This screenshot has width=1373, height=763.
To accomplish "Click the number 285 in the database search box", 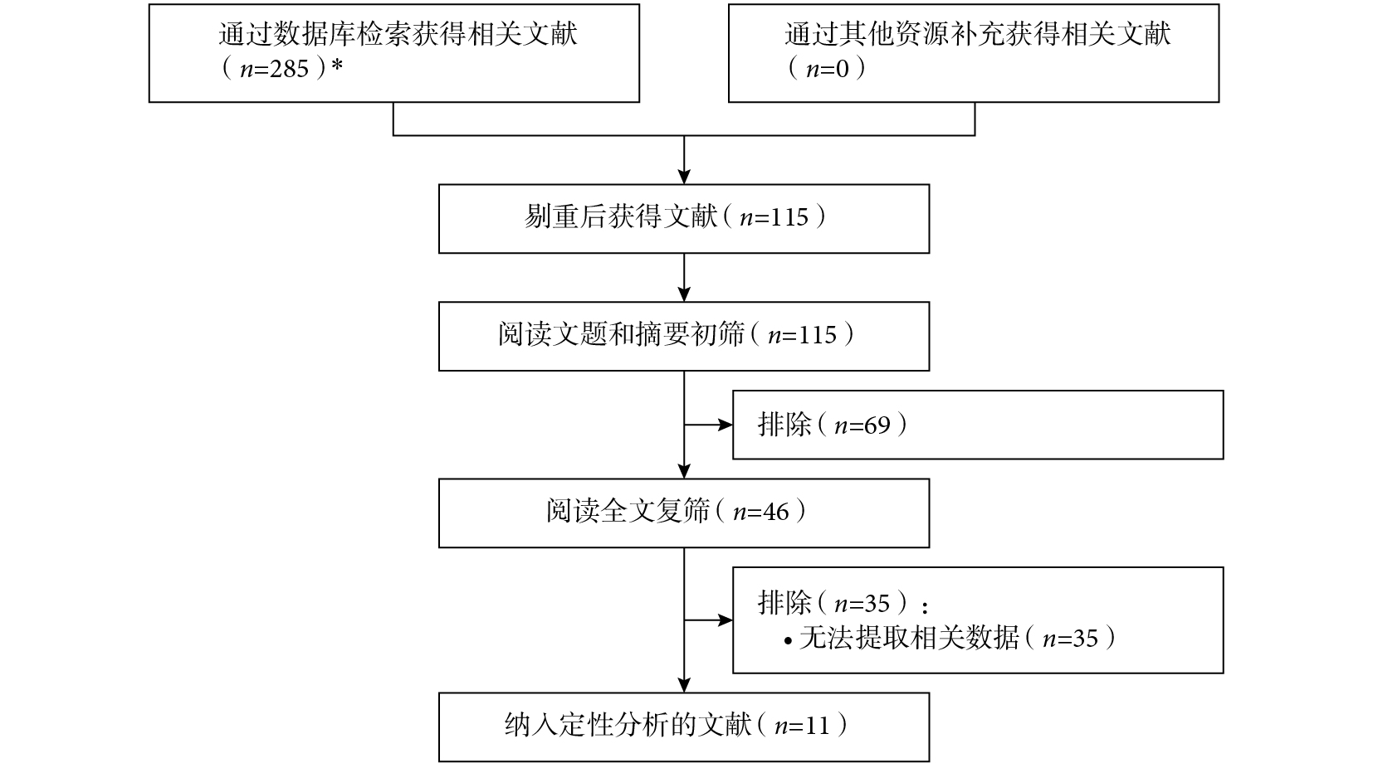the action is coord(290,69).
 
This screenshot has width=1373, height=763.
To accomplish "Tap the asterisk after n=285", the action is coord(336,65).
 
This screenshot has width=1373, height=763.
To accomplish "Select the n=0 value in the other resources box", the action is coord(828,69).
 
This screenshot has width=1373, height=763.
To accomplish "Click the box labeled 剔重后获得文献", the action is coord(684,219).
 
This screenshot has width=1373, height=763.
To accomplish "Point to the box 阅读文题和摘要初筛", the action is coord(684,336).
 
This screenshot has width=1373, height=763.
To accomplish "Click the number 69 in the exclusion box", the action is coord(877,425).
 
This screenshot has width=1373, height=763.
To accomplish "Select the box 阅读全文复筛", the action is coord(684,513).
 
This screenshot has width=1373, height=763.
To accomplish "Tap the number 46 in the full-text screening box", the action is coord(775,512).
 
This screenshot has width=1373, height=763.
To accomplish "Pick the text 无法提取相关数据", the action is coord(909,638).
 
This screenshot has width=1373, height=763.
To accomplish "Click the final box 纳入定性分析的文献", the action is coord(684,727).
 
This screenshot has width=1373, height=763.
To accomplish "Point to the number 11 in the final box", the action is coord(817,727).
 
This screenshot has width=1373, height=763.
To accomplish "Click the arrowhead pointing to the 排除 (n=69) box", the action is coord(726,425).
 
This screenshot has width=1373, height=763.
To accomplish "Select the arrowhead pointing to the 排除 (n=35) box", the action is coord(726,620).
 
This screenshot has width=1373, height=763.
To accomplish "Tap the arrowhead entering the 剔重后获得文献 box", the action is coord(684,177).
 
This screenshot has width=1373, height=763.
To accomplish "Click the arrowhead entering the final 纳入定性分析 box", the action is coord(684,685).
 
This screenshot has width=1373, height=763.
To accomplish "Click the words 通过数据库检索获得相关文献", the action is coord(398,34).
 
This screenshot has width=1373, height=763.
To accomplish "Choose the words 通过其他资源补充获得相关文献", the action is coord(978,34).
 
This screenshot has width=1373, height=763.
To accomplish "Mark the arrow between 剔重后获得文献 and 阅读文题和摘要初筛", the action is coord(684,277).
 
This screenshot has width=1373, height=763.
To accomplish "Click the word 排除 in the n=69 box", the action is coord(784,425).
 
